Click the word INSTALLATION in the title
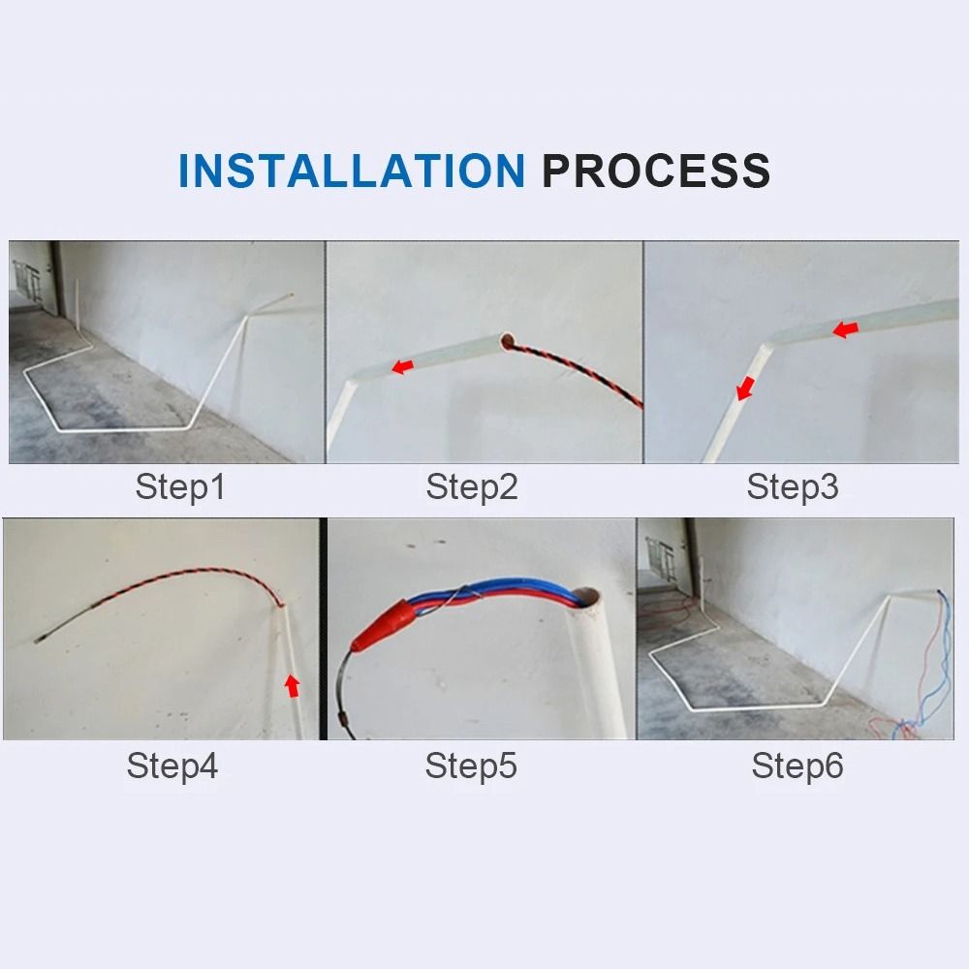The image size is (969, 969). pyautogui.click(x=351, y=171)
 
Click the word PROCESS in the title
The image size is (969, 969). pyautogui.click(x=656, y=171)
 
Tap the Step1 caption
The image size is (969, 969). pyautogui.click(x=180, y=486)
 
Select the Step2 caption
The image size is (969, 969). pyautogui.click(x=472, y=486)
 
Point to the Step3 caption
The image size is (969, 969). pyautogui.click(x=792, y=486)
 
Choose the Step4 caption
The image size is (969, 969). pyautogui.click(x=172, y=766)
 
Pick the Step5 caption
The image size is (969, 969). pyautogui.click(x=471, y=766)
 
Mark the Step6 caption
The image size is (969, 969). pyautogui.click(x=797, y=766)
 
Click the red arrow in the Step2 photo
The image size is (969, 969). pyautogui.click(x=401, y=366)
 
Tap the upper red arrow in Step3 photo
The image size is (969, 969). pyautogui.click(x=845, y=330)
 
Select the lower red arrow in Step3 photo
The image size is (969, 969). pyautogui.click(x=744, y=390)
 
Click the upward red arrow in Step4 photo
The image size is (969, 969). pyautogui.click(x=292, y=686)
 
